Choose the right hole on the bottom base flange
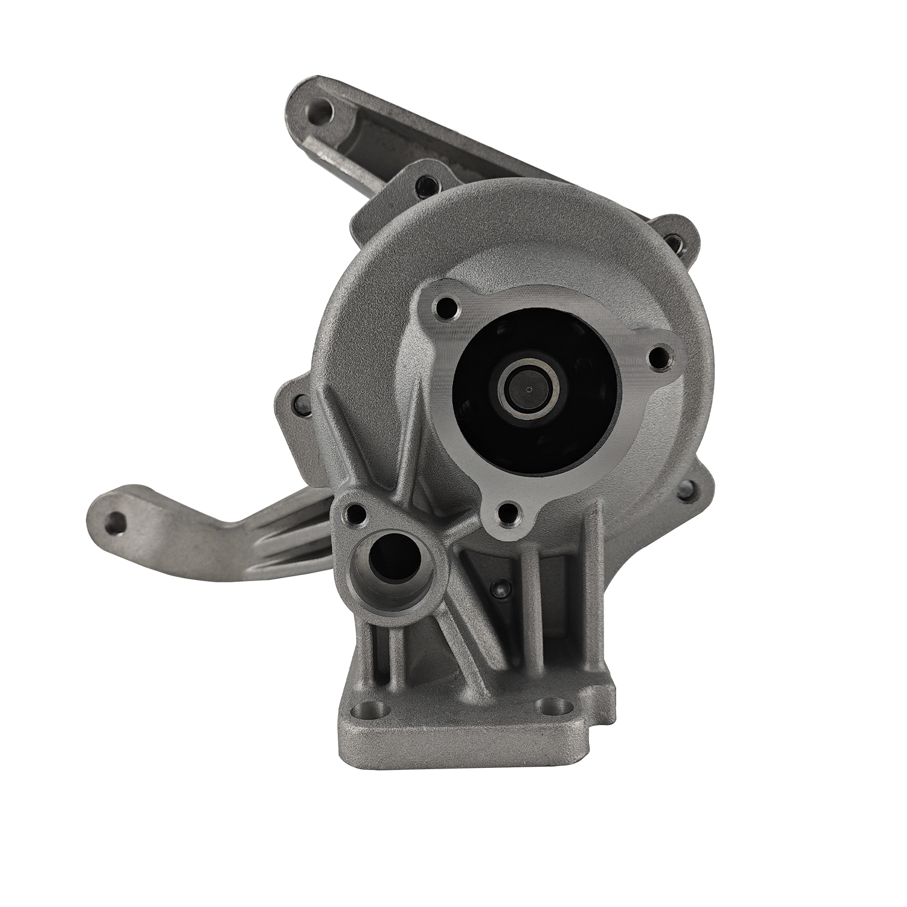(555, 705)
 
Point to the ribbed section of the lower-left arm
(290, 538)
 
